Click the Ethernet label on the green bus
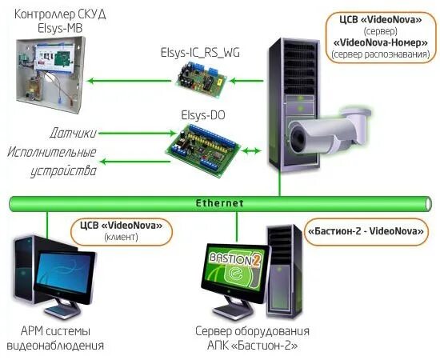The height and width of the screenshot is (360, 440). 219,203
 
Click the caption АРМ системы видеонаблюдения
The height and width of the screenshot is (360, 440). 55,338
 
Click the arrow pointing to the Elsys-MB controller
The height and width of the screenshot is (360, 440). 120,80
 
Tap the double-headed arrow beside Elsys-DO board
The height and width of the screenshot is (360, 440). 250,150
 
